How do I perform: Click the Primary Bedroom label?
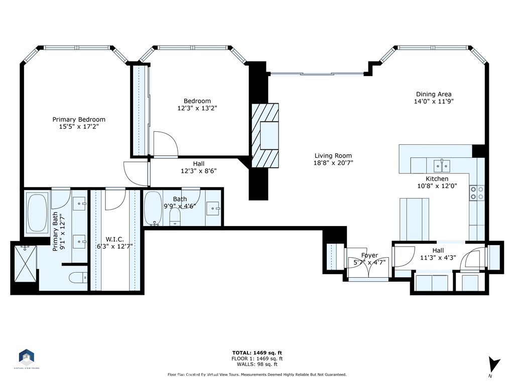click(79, 119)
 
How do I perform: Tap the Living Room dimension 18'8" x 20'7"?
click(333, 163)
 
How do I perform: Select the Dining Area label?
click(434, 94)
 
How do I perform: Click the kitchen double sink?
click(442, 166)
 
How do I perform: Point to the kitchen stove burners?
click(477, 193)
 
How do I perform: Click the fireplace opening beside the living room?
click(269, 135)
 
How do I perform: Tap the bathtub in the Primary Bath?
click(37, 212)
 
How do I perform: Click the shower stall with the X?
click(25, 264)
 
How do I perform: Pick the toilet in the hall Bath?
click(175, 217)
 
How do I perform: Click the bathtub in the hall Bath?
click(153, 209)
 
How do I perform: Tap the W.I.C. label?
click(114, 239)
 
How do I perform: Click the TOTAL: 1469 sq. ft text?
click(257, 352)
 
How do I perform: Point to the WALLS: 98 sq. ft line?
click(257, 364)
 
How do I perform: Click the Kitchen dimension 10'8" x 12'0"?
click(437, 186)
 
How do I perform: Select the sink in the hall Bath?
click(213, 209)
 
